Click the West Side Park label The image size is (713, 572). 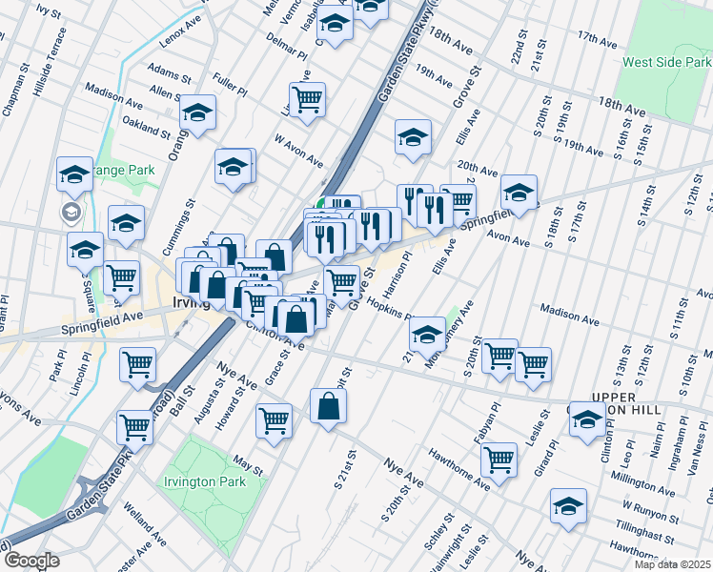(x=662, y=62)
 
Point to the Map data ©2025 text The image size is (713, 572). (x=672, y=564)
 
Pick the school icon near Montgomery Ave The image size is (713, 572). (x=427, y=334)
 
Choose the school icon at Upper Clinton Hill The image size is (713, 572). (x=587, y=419)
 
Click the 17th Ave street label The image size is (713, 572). (x=598, y=39)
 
